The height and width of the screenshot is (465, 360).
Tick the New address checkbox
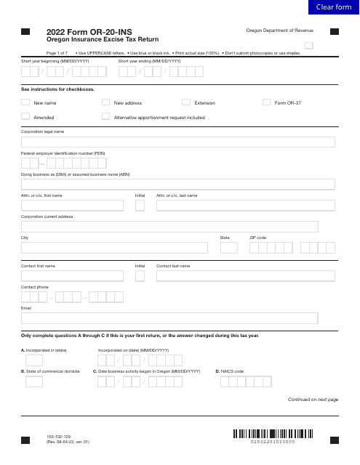coord(106,102)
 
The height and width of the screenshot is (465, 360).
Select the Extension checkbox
coord(186,102)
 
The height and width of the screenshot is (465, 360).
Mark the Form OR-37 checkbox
coord(266,102)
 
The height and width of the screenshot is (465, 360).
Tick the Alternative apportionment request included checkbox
coord(106,116)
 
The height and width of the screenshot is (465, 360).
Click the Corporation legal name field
coord(177,142)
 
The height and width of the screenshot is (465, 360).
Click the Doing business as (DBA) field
coord(177,185)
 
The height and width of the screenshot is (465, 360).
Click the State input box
coord(228,248)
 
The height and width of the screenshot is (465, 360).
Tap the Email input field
coord(169,318)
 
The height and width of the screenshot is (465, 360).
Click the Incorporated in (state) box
coord(34,360)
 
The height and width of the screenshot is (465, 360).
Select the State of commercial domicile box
coord(34,381)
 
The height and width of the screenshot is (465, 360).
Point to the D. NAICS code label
coord(230,371)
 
